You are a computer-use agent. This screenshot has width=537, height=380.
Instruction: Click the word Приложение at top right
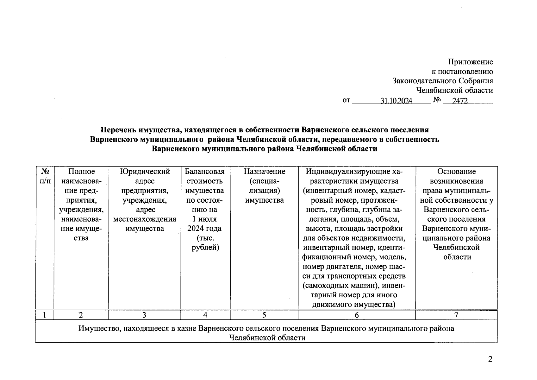470,62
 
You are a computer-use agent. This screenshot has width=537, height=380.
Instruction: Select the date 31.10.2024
396,101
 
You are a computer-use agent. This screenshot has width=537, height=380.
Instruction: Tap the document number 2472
460,101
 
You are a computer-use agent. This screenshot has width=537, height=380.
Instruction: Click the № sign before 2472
437,100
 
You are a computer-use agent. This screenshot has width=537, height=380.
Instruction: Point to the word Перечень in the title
117,130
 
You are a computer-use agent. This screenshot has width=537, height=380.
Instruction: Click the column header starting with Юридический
145,172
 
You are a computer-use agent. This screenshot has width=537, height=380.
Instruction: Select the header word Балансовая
205,172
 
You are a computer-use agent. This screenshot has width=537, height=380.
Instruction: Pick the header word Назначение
264,172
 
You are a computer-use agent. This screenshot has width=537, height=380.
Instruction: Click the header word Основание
456,172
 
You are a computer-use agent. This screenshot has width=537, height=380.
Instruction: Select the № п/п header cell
45,176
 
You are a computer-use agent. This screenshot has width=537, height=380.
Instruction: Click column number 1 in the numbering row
45,315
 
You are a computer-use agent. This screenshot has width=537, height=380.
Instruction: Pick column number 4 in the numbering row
205,315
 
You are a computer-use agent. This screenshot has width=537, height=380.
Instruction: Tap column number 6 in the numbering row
357,315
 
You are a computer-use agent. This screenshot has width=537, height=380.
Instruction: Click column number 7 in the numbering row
456,315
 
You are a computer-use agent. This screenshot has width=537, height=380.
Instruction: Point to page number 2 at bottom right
490,359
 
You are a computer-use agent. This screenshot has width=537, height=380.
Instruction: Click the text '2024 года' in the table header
204,229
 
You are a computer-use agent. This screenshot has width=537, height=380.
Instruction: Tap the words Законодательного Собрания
442,81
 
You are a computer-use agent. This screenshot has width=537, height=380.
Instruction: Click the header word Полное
81,172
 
